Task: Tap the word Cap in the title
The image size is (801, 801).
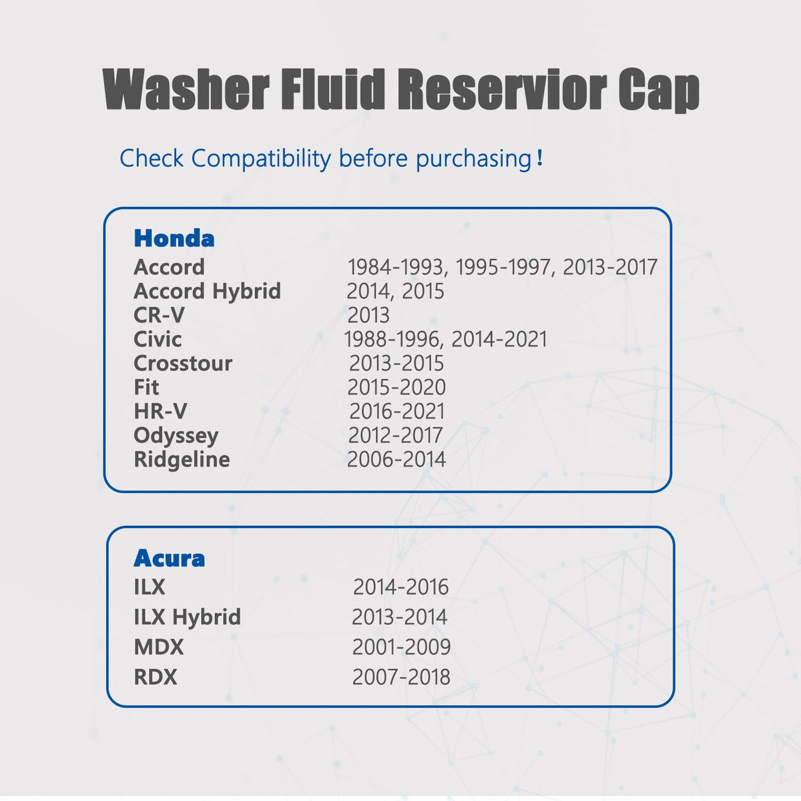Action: [659, 91]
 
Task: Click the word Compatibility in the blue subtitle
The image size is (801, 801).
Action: [261, 159]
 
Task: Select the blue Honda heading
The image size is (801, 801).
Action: [174, 238]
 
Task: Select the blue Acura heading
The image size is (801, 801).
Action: [169, 558]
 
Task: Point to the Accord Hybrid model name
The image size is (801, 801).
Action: [207, 291]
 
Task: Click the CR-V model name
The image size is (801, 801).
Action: [159, 315]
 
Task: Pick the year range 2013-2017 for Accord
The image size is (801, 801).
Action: [610, 267]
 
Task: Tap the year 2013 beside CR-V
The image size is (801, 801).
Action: [368, 315]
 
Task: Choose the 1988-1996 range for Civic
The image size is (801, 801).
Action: [391, 339]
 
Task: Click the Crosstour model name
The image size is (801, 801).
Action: [183, 363]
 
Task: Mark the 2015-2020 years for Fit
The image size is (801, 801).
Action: [396, 387]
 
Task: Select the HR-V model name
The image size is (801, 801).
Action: [160, 412]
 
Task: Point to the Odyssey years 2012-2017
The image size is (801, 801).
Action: [395, 436]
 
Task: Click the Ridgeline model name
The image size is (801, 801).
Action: [182, 459]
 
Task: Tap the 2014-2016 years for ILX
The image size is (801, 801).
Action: [400, 587]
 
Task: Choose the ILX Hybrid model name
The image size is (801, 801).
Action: [187, 617]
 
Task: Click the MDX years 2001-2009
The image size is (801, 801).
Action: [401, 647]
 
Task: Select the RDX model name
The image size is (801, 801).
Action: [155, 677]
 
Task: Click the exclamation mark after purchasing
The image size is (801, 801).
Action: [539, 158]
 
